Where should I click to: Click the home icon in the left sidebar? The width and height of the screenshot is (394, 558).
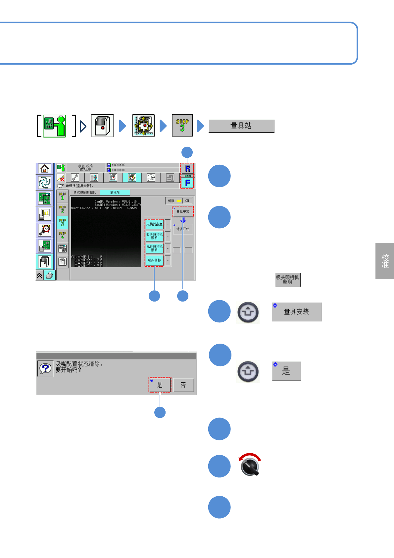tap(44, 169)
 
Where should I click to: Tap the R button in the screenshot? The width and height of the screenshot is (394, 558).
tap(187, 168)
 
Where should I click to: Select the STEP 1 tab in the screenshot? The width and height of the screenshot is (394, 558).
tap(62, 196)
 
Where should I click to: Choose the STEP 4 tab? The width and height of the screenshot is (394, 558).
tap(62, 236)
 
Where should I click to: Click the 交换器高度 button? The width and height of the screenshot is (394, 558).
tap(154, 224)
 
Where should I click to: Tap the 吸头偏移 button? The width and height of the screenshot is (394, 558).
tap(154, 260)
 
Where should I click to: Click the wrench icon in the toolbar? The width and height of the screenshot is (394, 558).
tap(75, 178)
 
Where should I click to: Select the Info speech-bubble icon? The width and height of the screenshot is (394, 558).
tap(151, 178)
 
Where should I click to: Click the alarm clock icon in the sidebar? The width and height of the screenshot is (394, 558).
tap(44, 229)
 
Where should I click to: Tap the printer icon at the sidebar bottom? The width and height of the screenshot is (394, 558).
tap(49, 275)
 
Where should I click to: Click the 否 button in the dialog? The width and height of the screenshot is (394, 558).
tap(183, 385)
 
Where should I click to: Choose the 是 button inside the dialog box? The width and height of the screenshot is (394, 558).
tap(160, 385)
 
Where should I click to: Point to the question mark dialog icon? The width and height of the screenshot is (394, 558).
tap(45, 368)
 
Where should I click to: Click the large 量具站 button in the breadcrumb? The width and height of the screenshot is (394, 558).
tap(241, 126)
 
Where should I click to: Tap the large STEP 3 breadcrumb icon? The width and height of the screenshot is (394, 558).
tap(182, 125)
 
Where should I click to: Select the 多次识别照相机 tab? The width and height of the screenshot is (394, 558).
tap(85, 193)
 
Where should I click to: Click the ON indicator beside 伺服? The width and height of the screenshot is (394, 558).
tap(187, 201)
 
